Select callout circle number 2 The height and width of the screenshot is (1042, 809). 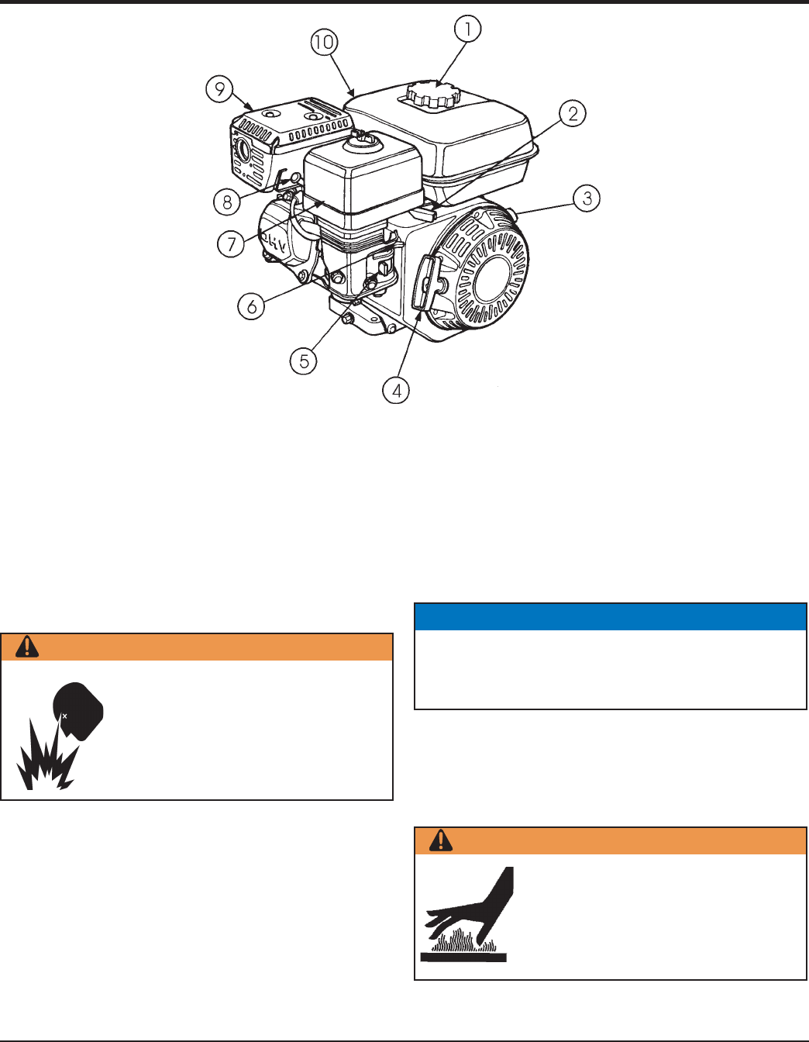(x=572, y=113)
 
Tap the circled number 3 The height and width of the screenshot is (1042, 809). (x=586, y=198)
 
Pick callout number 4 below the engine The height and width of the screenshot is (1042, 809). (x=396, y=390)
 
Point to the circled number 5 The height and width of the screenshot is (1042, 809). (x=304, y=361)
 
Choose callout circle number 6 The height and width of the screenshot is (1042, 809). (x=252, y=306)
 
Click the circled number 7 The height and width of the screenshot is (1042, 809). (x=231, y=243)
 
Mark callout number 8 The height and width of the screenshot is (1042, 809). (x=227, y=202)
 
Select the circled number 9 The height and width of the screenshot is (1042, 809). (x=219, y=89)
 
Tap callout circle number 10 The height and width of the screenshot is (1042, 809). (x=325, y=42)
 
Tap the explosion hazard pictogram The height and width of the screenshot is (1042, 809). (x=60, y=735)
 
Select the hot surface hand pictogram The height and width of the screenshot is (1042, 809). (x=466, y=914)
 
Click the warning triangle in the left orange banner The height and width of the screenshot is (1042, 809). (x=27, y=647)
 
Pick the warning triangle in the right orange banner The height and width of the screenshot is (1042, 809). (x=440, y=840)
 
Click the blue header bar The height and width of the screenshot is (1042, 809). (x=610, y=616)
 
